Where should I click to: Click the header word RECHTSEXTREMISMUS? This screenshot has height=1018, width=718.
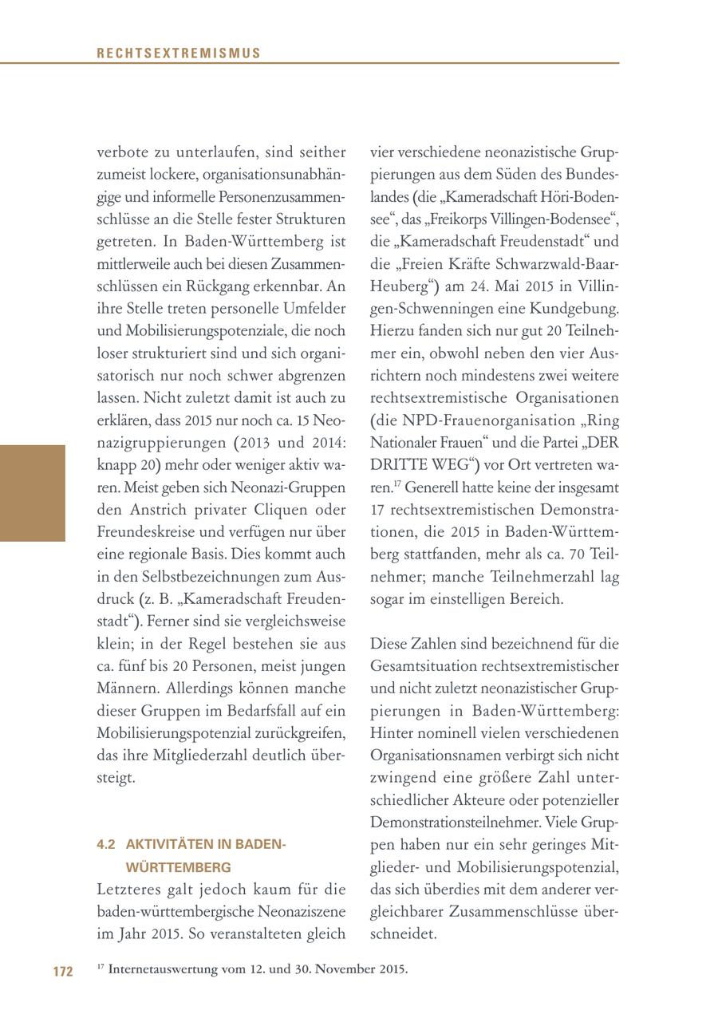(x=179, y=53)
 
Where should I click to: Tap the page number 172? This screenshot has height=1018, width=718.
(x=63, y=971)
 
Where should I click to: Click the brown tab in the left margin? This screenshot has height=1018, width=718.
(x=32, y=493)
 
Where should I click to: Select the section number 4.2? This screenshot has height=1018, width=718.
(x=106, y=844)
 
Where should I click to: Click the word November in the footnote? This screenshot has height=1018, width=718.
(x=344, y=969)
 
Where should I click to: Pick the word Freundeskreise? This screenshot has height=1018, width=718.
(x=141, y=531)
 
